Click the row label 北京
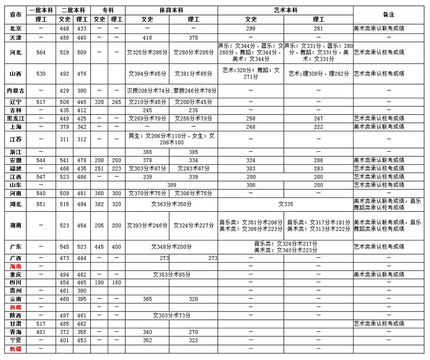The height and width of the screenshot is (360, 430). (15, 28)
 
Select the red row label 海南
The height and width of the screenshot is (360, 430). (15, 266)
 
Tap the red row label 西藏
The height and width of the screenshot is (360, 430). (15, 307)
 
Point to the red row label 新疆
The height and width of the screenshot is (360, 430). (15, 349)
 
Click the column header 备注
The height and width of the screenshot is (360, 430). (388, 14)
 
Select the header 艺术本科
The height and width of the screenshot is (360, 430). (285, 10)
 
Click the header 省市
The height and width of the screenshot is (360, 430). (15, 14)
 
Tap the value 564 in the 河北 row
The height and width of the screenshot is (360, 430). (41, 53)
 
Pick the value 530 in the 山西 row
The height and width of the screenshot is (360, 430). (41, 73)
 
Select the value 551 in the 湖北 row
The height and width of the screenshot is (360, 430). (41, 204)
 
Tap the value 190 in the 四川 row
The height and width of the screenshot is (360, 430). (99, 283)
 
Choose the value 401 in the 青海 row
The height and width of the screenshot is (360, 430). (41, 332)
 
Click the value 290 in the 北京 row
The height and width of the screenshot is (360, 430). (251, 28)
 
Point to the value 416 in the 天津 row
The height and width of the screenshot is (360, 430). (147, 38)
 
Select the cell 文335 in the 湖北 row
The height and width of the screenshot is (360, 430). (286, 204)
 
